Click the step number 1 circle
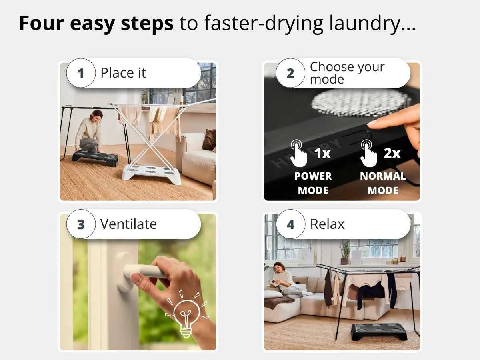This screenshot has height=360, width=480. point(81,73)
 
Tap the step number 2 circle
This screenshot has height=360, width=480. point(290,73)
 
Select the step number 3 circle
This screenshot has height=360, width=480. point(81,224)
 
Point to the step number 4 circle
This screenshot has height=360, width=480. point(290,224)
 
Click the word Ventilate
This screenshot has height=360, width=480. point(128,224)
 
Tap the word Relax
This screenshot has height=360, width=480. point(327,224)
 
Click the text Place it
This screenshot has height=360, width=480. point(123,73)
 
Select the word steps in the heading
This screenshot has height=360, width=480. point(147,24)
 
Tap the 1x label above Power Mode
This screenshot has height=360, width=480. point(322,153)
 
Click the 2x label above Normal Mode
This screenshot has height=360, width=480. point(392,153)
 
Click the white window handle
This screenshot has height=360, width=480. point(140,272)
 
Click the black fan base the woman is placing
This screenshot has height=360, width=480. point(95,156)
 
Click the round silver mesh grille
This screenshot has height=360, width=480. point(360,102)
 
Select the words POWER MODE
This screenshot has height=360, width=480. point(313,183)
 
